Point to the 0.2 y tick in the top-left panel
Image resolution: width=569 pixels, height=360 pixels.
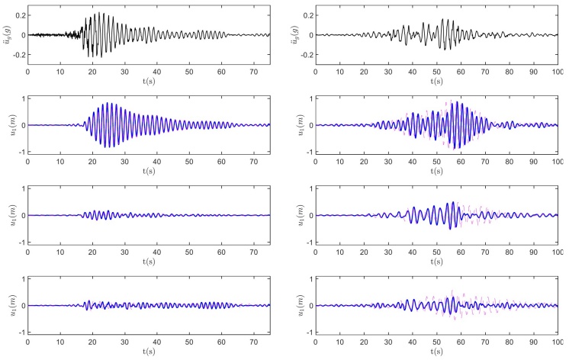click(x=19, y=15)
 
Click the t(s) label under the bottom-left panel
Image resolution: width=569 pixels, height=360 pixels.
click(x=149, y=352)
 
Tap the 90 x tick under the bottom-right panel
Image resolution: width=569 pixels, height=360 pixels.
click(x=534, y=340)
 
